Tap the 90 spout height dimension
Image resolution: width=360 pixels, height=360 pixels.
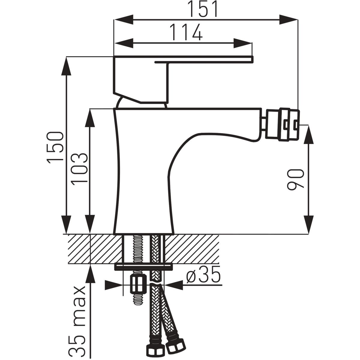(296, 179)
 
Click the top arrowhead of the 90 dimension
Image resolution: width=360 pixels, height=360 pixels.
(309, 135)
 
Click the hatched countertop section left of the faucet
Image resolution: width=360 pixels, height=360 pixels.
(93, 249)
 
